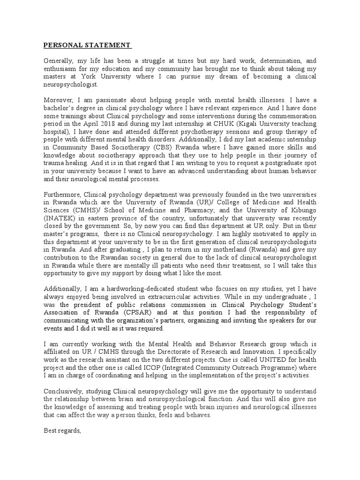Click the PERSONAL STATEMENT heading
pos(87,45)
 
